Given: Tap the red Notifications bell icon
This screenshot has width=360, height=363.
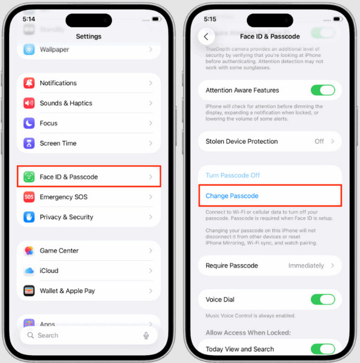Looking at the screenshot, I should (x=29, y=83).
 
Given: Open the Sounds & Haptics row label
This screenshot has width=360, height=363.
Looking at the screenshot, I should (x=66, y=103).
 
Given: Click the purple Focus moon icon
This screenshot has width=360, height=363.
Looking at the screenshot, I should (x=29, y=123).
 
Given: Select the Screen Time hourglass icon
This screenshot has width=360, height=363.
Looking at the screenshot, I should (x=29, y=143).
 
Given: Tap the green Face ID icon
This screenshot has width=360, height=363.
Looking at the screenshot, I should (x=29, y=177).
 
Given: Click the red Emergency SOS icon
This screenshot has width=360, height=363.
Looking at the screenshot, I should (x=29, y=197).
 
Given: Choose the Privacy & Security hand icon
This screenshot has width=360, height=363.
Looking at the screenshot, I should (x=29, y=217).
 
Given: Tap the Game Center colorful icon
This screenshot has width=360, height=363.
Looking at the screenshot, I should (x=29, y=251).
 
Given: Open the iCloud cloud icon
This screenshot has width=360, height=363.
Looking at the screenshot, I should (x=29, y=271).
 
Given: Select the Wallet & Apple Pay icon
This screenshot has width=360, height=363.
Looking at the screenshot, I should (x=29, y=291).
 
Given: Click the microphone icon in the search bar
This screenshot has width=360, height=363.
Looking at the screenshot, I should (x=146, y=335).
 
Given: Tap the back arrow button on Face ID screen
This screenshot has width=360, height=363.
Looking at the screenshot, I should (x=206, y=37).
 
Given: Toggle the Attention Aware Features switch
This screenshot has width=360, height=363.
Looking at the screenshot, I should (x=322, y=91).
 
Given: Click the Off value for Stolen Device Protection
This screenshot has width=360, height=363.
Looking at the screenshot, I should (x=319, y=142).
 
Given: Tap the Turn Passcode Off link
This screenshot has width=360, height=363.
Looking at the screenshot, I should (x=232, y=175).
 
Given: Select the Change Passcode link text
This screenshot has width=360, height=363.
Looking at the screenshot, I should (x=232, y=196).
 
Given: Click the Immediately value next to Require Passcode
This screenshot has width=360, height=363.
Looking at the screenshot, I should (x=306, y=266).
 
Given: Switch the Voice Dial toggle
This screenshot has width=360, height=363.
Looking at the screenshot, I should (x=322, y=299).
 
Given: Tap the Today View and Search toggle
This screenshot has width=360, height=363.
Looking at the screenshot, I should (x=322, y=349).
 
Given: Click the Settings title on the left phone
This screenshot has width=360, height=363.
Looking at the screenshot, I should (x=88, y=37).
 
